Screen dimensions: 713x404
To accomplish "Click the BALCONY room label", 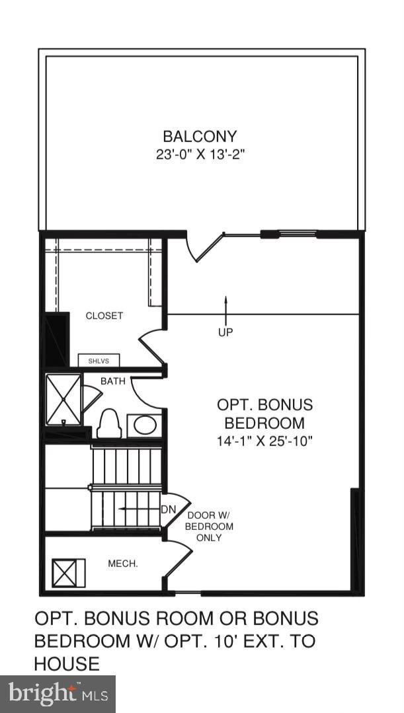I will (x=200, y=137).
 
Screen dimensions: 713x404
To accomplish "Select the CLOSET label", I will (x=104, y=316).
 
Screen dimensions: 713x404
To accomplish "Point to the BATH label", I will (x=112, y=381).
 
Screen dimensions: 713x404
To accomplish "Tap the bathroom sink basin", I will (x=143, y=425).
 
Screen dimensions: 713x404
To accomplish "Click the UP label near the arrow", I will (x=225, y=332).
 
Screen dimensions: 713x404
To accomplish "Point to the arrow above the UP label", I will (x=225, y=308).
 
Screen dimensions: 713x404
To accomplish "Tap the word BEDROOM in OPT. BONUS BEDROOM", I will (x=264, y=423).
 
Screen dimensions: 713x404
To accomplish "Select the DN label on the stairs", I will (x=168, y=509).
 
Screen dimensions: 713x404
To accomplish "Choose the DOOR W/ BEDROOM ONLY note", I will (x=209, y=527).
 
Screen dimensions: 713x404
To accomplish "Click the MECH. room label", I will (x=123, y=564).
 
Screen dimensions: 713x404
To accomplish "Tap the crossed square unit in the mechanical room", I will (x=69, y=572).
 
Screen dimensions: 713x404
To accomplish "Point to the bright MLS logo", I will (x=58, y=694).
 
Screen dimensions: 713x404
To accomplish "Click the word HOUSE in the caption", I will (x=67, y=663).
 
